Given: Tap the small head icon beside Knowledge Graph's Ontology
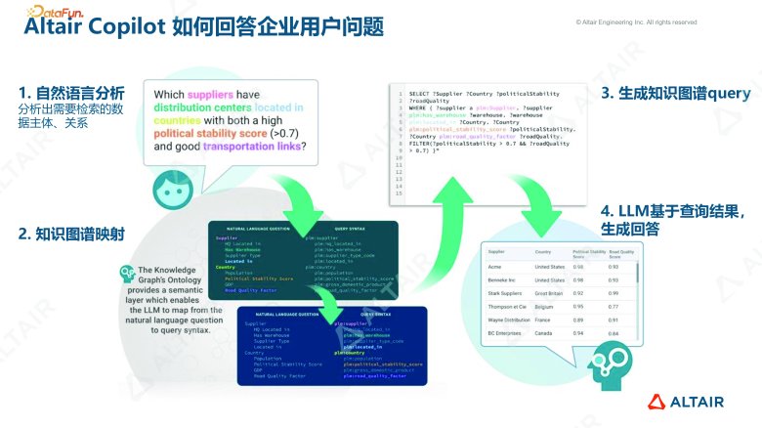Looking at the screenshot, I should (126, 274).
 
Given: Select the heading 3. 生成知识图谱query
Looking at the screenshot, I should (675, 94).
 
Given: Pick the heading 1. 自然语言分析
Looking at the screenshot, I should (71, 94).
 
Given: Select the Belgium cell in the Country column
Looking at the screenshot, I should (545, 306).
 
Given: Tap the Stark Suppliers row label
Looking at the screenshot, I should (507, 292).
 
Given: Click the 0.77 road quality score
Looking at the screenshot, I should (614, 306).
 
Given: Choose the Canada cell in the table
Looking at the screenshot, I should (545, 333).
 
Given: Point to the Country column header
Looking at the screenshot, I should (544, 251).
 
